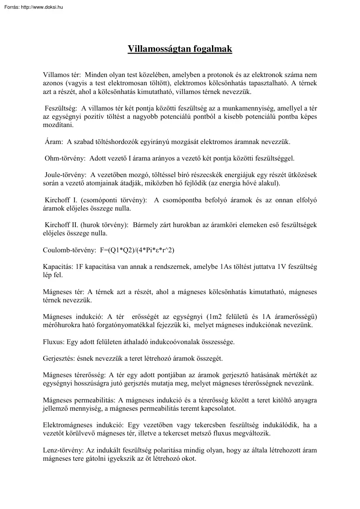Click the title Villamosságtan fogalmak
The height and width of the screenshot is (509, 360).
pos(180,49)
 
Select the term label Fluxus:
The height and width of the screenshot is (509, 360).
pos(54,342)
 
